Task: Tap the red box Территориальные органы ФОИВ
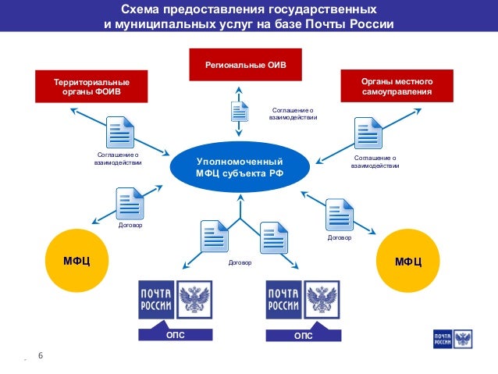(91, 87)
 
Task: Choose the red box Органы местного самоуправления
(397, 87)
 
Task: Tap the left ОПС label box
(176, 335)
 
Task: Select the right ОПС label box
(303, 335)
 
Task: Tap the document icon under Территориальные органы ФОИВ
(120, 132)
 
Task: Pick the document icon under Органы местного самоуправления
(368, 133)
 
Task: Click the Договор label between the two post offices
(240, 263)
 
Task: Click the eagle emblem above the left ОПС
(195, 299)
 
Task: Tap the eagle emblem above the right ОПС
(322, 299)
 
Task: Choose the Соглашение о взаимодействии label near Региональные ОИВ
(293, 114)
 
